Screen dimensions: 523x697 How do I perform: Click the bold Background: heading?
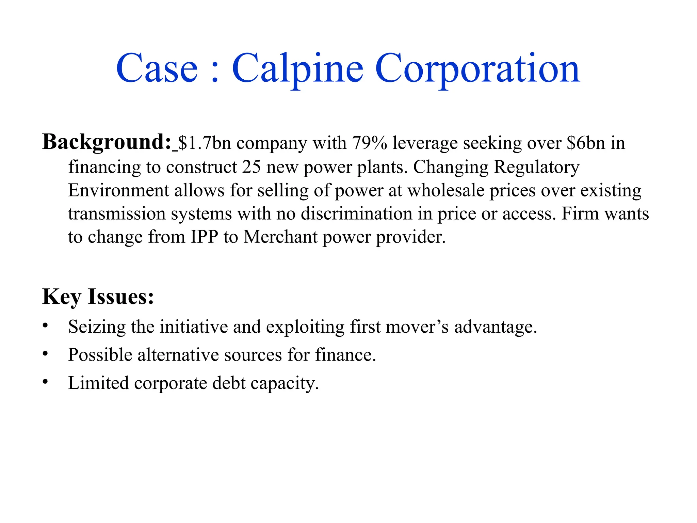point(107,142)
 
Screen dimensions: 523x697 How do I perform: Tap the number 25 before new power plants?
point(251,167)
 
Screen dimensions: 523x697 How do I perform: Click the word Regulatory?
point(536,167)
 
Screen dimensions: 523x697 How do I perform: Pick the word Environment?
point(118,190)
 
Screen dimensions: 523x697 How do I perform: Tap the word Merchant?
point(280,237)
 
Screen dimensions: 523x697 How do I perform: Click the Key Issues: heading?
point(98,297)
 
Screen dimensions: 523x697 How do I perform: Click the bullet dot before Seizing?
point(45,326)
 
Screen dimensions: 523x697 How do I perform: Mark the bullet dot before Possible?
point(45,354)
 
